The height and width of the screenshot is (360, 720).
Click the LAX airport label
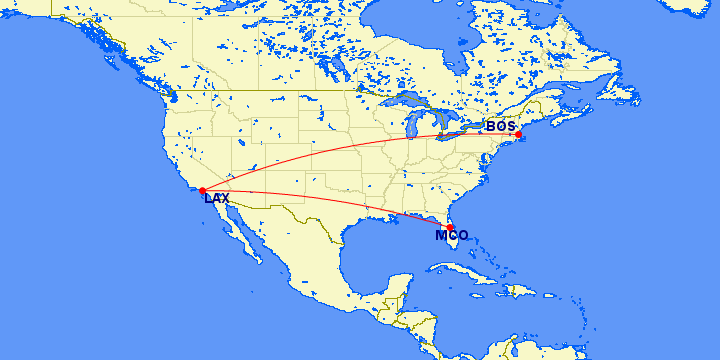click(x=216, y=199)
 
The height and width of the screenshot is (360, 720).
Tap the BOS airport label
click(x=500, y=126)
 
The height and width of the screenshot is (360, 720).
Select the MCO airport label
click(x=452, y=236)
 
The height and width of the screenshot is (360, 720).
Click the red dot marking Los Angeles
click(x=202, y=189)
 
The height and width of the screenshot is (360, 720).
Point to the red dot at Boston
click(x=518, y=134)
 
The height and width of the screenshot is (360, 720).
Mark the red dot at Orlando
click(x=450, y=228)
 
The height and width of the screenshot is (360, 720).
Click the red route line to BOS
click(x=350, y=146)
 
